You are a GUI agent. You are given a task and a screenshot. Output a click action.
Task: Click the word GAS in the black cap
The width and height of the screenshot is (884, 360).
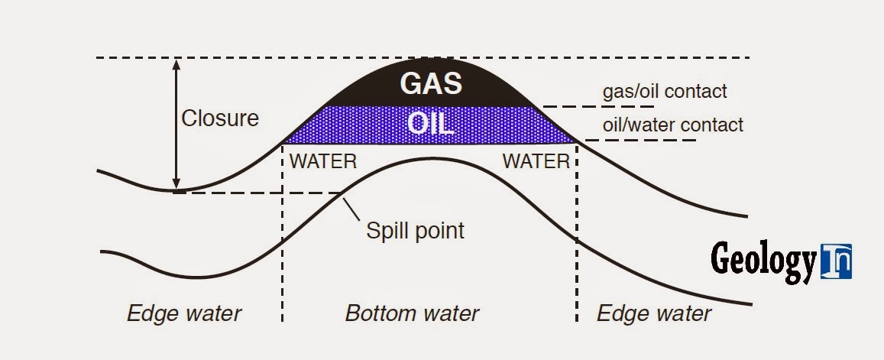click(431, 83)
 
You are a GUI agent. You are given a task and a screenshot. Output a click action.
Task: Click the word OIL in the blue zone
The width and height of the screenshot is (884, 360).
click(431, 125)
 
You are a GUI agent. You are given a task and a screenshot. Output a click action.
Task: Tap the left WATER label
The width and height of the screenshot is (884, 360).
click(322, 162)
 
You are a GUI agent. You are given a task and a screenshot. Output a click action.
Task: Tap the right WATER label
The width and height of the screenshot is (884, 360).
click(536, 162)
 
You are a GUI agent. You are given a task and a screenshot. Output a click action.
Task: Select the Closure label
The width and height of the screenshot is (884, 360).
click(220, 118)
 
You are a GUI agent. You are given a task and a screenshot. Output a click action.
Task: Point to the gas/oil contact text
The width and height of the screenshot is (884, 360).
click(665, 92)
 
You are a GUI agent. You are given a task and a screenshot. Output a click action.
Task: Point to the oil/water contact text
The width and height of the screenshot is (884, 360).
click(672, 125)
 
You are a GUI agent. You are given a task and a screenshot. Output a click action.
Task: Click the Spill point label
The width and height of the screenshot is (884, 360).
click(415, 230)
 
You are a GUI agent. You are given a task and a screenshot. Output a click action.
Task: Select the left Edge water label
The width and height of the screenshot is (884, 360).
click(184, 313)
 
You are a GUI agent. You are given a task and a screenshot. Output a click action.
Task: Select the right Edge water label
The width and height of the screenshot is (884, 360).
click(653, 313)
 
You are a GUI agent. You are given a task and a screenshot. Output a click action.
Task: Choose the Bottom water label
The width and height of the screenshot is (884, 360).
click(412, 313)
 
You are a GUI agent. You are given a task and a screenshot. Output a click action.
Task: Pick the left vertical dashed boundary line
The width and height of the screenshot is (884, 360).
click(283, 245)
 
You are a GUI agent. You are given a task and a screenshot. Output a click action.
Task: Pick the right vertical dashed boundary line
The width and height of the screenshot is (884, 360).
click(576, 245)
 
